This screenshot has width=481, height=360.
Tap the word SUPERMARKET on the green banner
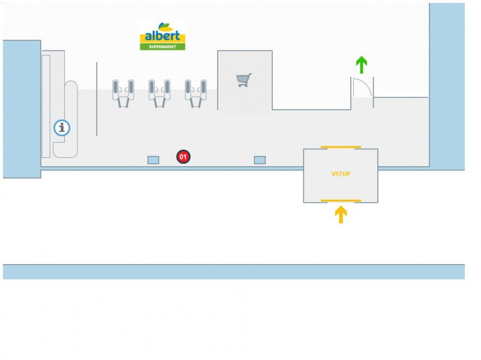click(163, 46)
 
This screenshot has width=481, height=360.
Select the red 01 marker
click(184, 157)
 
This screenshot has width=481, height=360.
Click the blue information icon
click(62, 128)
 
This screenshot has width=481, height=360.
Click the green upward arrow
click(361, 64)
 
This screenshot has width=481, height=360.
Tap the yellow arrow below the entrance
click(341, 214)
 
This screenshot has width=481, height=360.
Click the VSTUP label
click(341, 174)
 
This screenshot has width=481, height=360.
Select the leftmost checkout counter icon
click(124, 93)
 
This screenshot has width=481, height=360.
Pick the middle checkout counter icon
click(160, 93)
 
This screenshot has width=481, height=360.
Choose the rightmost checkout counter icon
click(196, 93)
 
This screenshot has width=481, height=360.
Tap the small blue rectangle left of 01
click(154, 160)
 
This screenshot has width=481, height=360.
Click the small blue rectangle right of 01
click(260, 160)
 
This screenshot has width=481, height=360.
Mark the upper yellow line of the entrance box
click(341, 147)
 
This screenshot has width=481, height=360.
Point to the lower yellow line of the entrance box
click(341, 200)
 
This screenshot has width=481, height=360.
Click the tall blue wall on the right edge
click(447, 84)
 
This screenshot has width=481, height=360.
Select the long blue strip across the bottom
click(234, 272)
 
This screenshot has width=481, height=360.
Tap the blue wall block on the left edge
click(22, 108)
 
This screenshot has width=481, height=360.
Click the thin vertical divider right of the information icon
click(97, 99)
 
